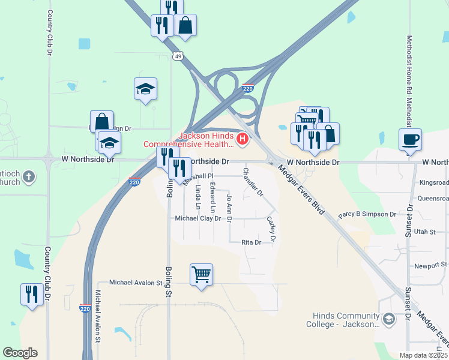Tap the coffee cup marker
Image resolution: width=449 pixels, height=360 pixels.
tap(410, 140)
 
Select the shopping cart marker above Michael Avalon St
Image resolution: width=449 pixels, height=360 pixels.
tap(201, 274)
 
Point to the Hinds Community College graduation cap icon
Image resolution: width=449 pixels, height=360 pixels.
tap(388, 319)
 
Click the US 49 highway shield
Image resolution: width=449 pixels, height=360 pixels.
tap(177, 56)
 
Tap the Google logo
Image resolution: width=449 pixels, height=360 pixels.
tap(20, 352)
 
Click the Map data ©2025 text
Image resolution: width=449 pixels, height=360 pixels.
tap(423, 355)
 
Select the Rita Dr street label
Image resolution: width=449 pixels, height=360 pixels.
tap(251, 242)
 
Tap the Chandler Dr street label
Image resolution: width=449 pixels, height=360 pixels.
tap(253, 182)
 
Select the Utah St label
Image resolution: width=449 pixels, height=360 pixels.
tap(424, 230)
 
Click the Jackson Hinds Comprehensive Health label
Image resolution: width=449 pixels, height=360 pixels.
tap(188, 140)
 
